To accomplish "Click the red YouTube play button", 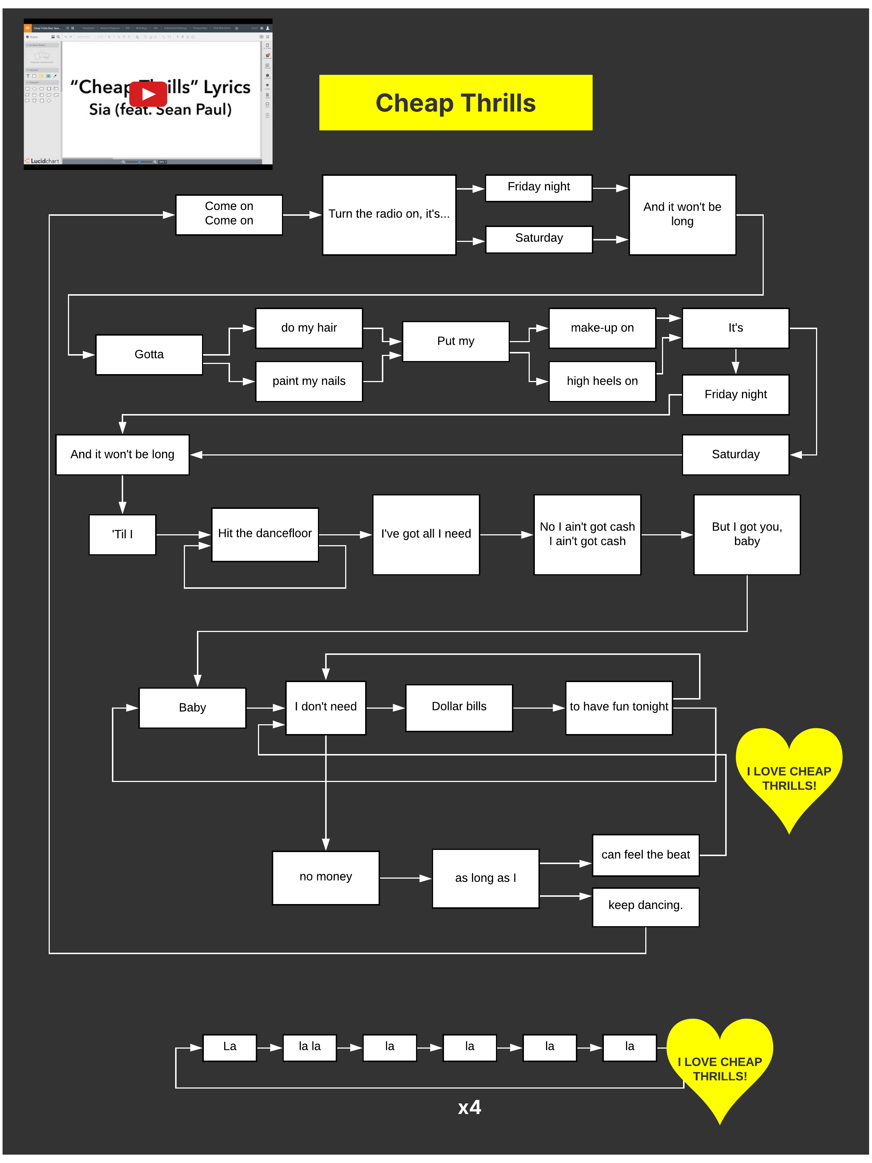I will click(x=148, y=94).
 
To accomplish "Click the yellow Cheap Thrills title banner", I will click(x=456, y=102).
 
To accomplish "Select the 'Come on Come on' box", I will click(x=229, y=215).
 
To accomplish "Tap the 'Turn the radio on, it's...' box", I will click(x=389, y=215).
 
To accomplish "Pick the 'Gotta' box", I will click(x=149, y=354).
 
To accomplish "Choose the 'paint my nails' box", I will click(x=309, y=381).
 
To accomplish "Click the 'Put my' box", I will click(x=456, y=341).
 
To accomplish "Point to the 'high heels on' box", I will click(x=602, y=381).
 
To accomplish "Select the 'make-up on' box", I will click(x=602, y=328).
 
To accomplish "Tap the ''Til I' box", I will click(x=122, y=534).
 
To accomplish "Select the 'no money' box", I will click(x=326, y=877).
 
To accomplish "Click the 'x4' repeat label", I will click(x=469, y=1107).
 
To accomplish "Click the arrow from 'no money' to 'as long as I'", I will click(x=405, y=878).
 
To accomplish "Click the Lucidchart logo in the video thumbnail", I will click(x=42, y=161).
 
